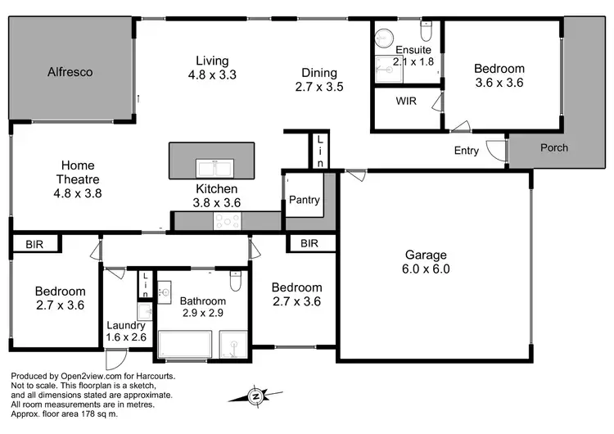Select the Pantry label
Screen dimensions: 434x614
point(304,200)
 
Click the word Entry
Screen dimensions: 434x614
point(467,151)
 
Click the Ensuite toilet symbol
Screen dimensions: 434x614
point(426,31)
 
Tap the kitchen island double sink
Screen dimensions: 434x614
point(217,168)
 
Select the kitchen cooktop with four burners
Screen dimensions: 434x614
point(227,220)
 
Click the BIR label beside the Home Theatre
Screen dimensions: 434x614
point(34,243)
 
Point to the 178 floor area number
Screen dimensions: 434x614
point(85,414)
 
